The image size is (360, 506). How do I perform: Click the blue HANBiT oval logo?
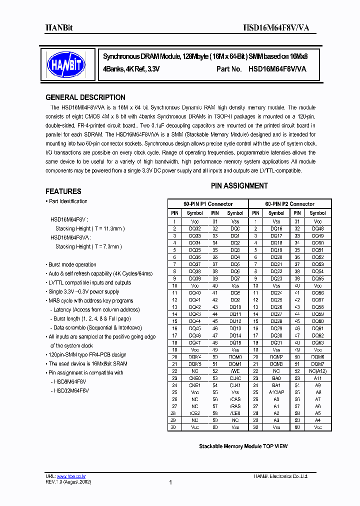tap(66, 64)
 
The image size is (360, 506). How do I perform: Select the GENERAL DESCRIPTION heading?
tap(85, 97)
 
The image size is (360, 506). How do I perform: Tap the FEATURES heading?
tap(63, 191)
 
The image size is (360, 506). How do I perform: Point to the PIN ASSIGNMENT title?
tap(239, 186)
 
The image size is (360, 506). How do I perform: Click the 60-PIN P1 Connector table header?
tap(208, 204)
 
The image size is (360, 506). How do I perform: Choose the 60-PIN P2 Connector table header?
tap(290, 204)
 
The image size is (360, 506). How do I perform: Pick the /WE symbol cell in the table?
tap(235, 371)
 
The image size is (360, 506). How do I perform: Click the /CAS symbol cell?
tap(235, 399)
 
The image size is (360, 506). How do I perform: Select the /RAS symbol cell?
tap(235, 406)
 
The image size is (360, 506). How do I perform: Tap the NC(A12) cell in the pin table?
tap(317, 371)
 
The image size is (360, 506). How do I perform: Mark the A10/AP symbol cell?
tap(276, 392)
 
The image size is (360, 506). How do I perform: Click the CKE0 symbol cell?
tap(195, 378)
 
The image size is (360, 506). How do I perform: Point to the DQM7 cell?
tap(317, 364)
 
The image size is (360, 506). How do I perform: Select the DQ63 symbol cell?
tap(317, 343)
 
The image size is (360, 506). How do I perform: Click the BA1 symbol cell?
tap(276, 385)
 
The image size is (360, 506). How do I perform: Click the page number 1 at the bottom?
tap(171, 482)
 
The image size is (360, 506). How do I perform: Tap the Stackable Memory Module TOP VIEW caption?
tap(243, 446)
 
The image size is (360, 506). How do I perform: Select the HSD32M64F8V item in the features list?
tap(71, 390)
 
